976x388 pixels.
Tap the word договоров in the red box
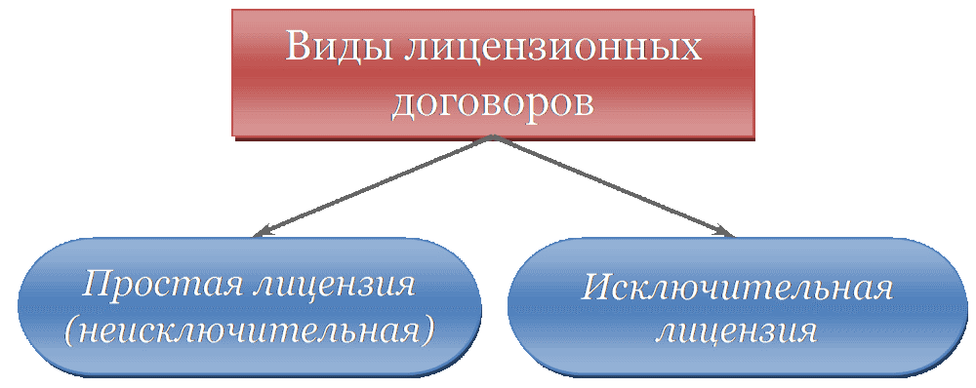coord(493,101)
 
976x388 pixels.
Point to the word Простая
coord(160,285)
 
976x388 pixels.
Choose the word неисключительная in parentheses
coord(248,330)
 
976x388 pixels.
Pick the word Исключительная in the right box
coord(738,289)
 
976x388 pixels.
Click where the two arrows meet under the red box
coord(493,138)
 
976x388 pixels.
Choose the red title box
coord(493,73)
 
